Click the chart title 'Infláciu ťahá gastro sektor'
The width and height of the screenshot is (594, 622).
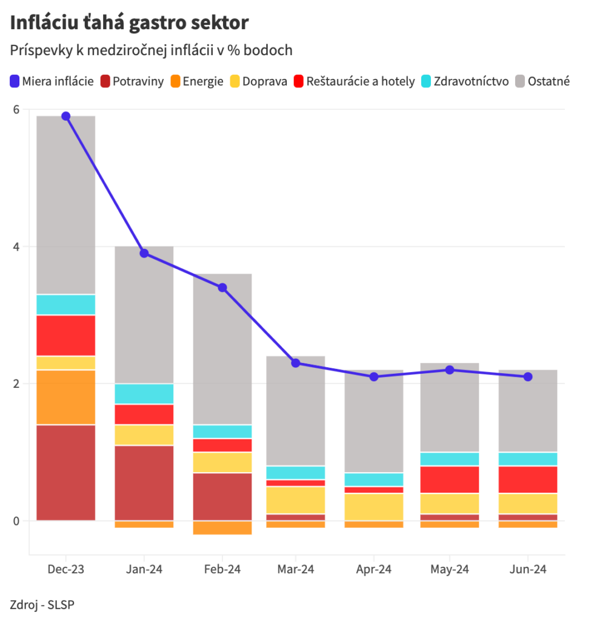[129, 22]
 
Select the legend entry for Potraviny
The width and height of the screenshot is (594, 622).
[132, 81]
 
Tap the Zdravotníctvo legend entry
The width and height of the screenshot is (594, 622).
[465, 81]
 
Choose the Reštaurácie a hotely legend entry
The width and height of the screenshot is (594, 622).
[354, 81]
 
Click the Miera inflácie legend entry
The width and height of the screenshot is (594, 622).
[52, 81]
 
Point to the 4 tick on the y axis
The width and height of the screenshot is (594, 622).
[16, 247]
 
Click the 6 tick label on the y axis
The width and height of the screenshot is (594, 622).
[16, 110]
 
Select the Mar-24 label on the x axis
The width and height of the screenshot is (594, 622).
[295, 570]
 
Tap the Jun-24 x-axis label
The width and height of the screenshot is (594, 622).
[528, 570]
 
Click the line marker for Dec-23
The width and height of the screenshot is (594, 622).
[66, 116]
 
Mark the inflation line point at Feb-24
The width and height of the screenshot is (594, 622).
[222, 288]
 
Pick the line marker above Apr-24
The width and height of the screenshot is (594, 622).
[374, 377]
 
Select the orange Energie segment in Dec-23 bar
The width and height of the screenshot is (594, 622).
[66, 397]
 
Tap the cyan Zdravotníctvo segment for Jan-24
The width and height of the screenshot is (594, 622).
[144, 394]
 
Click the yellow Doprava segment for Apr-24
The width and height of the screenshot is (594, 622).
[374, 507]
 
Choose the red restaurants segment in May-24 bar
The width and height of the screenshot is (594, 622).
[450, 479]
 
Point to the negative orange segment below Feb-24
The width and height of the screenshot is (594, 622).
[222, 527]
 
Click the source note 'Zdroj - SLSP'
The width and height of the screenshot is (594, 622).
[42, 604]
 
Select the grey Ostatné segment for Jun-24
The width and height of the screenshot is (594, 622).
[528, 411]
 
